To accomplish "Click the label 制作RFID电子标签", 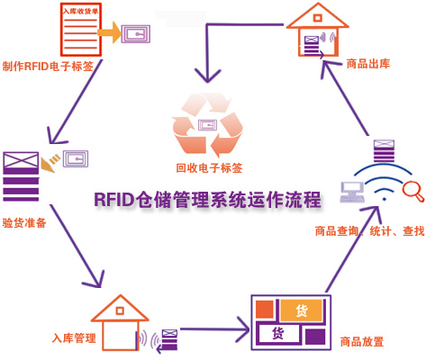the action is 48,66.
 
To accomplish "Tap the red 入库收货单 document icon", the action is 81,30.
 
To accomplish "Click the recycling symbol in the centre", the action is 207,124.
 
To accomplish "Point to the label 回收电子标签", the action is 209,167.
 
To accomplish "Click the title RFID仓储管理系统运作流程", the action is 207,200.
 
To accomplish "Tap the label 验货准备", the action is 24,223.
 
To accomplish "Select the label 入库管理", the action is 74,338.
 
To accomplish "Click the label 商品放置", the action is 362,341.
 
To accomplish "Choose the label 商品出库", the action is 368,64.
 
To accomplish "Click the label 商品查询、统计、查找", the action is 370,231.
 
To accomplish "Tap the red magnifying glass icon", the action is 412,191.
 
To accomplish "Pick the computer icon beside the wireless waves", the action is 352,192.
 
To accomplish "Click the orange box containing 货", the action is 302,310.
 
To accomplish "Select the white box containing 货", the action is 278,333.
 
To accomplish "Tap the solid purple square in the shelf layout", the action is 315,337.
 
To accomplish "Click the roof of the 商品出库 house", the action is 317,16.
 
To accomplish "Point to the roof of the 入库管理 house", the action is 120,309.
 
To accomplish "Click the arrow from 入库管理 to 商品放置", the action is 215,329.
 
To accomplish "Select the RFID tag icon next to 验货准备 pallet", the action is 76,158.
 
